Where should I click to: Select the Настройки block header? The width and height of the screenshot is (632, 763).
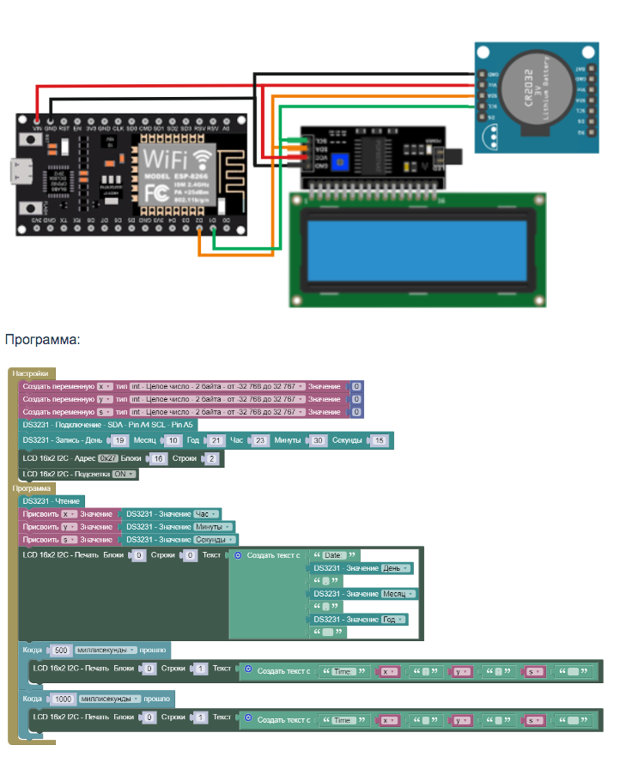32,373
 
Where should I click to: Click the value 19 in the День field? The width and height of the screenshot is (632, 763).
120,440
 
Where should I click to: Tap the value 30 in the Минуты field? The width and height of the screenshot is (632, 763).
318,440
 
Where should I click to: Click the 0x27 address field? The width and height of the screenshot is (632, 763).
108,458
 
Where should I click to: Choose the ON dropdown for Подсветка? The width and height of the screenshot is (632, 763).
125,474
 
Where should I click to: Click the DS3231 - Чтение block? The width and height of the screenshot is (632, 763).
52,501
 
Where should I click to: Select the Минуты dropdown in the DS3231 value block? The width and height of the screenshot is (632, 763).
213,527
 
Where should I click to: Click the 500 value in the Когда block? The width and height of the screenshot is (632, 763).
61,650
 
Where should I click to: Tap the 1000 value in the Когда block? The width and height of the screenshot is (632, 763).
64,698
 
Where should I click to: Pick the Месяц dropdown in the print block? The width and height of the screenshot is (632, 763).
398,594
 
